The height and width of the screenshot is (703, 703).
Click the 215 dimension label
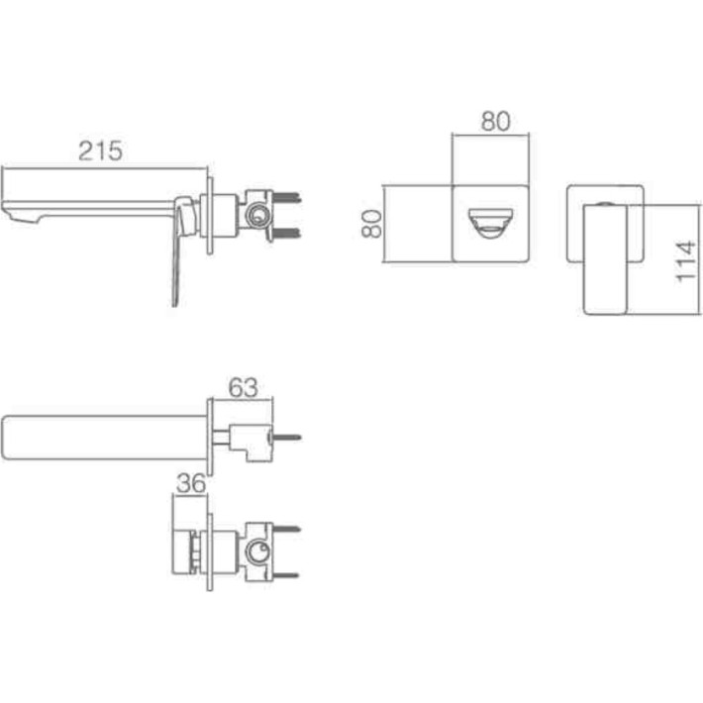click(x=100, y=151)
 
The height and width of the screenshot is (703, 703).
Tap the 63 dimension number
click(x=243, y=388)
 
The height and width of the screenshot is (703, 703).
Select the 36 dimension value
click(x=191, y=483)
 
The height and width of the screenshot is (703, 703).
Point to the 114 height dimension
click(x=686, y=261)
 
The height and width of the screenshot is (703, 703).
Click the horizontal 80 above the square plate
click(x=495, y=121)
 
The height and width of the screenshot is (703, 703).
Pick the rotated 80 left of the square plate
click(x=371, y=224)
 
